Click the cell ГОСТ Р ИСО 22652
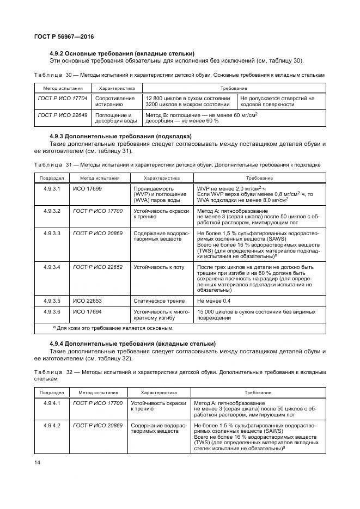(x=97, y=267)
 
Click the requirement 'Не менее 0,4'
(x=213, y=300)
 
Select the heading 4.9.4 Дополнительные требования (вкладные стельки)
(x=132, y=344)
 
